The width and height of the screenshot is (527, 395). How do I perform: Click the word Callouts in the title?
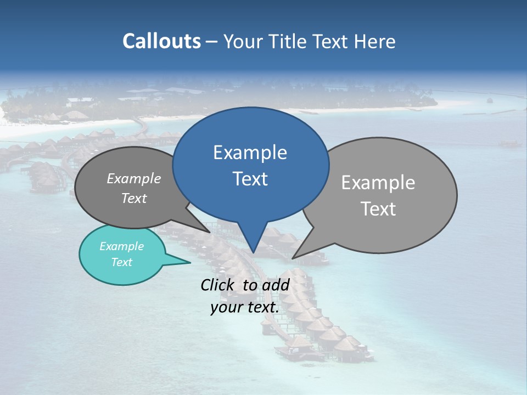[x=161, y=41]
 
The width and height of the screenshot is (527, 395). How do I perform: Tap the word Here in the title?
[x=375, y=41]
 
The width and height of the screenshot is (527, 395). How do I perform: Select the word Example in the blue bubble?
[x=250, y=153]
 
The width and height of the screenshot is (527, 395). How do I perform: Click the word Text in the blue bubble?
[x=250, y=179]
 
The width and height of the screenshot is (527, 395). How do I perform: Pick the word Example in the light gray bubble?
[x=378, y=183]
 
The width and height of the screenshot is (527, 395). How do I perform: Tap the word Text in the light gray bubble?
[x=378, y=209]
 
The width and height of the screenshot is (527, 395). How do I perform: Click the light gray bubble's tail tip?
[x=293, y=258]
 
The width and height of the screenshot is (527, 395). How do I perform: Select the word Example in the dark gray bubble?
[x=134, y=178]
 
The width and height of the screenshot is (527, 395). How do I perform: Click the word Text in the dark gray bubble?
[x=134, y=198]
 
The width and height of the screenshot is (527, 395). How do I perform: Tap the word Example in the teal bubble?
[x=121, y=246]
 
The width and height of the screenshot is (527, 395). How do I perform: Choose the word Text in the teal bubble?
[x=121, y=262]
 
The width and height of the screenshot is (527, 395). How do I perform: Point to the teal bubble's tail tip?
[x=190, y=262]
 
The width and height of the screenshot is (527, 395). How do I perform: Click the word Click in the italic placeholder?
[x=217, y=285]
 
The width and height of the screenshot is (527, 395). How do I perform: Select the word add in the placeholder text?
[x=276, y=285]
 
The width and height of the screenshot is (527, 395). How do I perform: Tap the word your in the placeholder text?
[x=226, y=307]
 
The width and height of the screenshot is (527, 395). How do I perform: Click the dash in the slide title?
[x=212, y=41]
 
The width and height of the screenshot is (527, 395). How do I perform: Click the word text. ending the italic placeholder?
[x=262, y=307]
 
